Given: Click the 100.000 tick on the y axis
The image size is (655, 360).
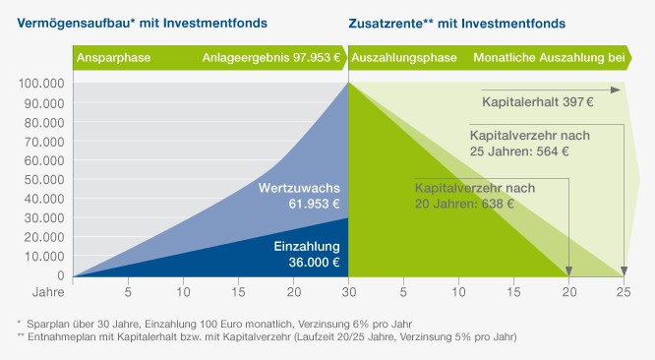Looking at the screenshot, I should pos(40,84).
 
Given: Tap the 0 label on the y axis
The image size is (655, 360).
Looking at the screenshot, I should pos(60,275).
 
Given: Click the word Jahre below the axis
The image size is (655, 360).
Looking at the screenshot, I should pos(34,292).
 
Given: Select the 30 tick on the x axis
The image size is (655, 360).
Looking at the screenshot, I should pos(349,292).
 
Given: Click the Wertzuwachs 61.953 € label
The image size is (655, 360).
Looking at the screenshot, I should pos(299,196).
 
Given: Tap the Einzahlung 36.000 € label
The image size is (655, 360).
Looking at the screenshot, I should pos(307,254).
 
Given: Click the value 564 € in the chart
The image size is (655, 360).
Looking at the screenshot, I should pos(552,151).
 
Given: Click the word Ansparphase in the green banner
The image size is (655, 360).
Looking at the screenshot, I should pos(114,58).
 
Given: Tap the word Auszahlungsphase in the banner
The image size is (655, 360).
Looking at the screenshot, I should pos(404,58).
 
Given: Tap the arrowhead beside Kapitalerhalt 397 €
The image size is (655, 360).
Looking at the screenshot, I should pos(616,90).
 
